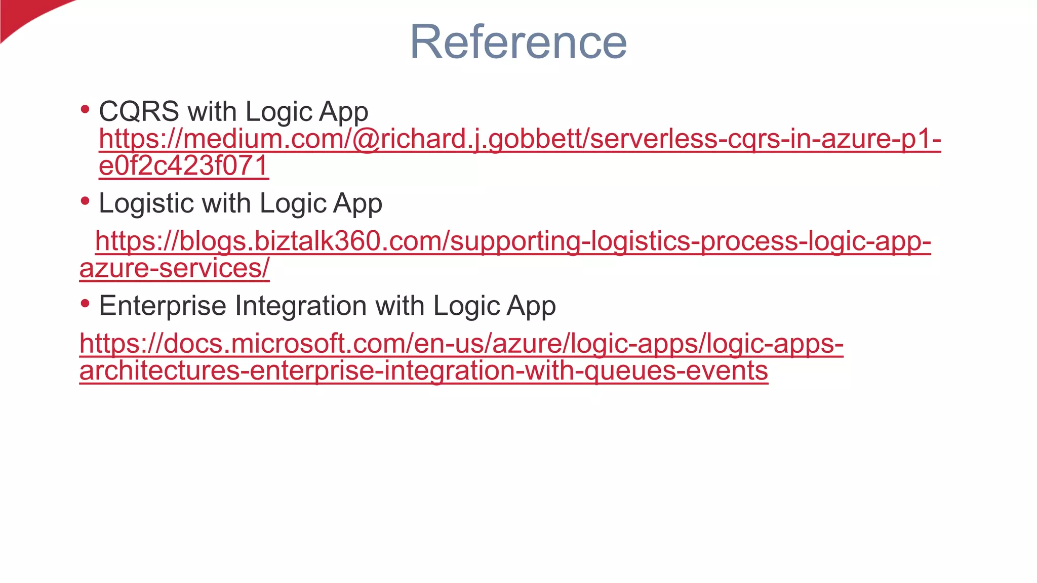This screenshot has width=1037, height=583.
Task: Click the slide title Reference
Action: tap(518, 42)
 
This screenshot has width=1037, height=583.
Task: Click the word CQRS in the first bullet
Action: tap(139, 111)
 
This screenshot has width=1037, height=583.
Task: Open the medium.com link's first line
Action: tap(520, 139)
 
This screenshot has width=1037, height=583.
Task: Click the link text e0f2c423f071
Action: tap(183, 166)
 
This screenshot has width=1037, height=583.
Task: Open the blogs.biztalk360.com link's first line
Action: tap(512, 241)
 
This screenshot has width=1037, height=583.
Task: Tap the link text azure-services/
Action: tap(174, 268)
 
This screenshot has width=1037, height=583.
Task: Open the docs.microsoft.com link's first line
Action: tap(461, 343)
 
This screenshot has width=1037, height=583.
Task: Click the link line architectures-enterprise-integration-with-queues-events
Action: tap(423, 370)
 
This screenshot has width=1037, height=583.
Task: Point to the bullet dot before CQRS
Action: tap(85, 109)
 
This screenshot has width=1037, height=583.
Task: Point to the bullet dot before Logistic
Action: tap(85, 201)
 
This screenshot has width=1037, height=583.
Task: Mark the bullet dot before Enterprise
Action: tap(85, 303)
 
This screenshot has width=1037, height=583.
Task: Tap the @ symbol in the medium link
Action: tap(366, 139)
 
